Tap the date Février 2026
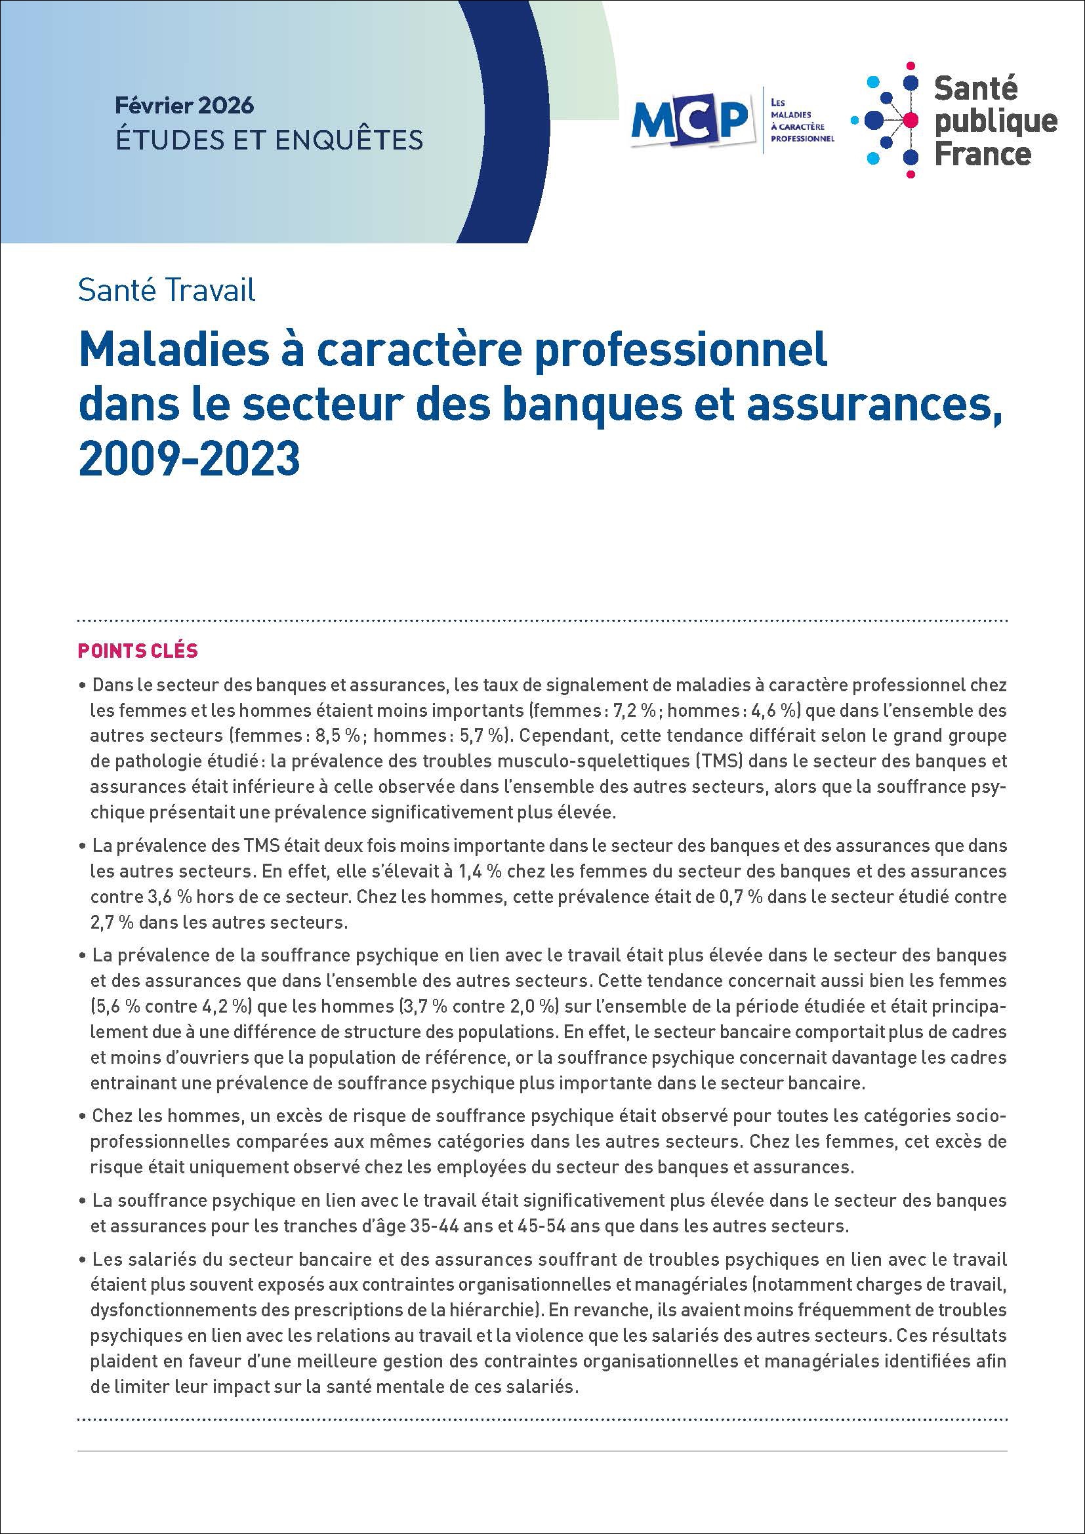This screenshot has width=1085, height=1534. [x=184, y=106]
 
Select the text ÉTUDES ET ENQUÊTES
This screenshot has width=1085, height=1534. [x=269, y=139]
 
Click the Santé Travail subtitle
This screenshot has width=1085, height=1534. [x=167, y=291]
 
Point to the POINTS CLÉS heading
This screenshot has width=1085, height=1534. [x=138, y=651]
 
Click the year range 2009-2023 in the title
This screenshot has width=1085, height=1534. [x=189, y=460]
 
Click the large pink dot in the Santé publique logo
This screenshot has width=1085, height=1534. [x=910, y=120]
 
